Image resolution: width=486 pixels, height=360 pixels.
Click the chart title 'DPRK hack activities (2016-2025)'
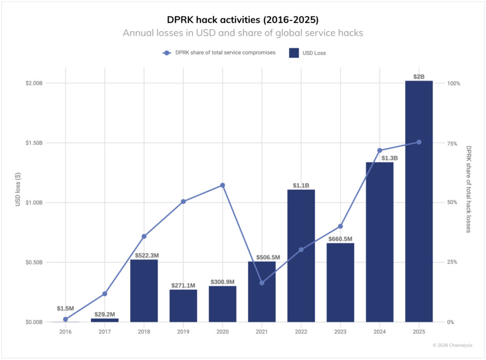coord(242,19)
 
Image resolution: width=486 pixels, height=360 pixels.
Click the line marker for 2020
coord(222,185)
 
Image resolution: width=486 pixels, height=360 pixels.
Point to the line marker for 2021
coord(262,283)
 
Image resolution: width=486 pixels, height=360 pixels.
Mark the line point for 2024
coord(380,150)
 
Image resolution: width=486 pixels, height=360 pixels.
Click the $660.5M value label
coord(340,239)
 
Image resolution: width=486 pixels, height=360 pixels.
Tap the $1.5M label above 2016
coord(66,309)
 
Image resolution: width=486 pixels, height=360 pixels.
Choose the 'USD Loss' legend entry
coord(307,53)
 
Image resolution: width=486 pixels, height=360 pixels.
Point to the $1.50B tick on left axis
coord(34,143)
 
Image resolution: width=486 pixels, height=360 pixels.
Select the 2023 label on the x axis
coord(340,332)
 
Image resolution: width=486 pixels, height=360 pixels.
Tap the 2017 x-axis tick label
coord(105,332)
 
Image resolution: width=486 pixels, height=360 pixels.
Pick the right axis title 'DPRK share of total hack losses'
coord(469,189)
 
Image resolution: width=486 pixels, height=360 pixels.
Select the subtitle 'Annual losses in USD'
coord(242,33)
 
